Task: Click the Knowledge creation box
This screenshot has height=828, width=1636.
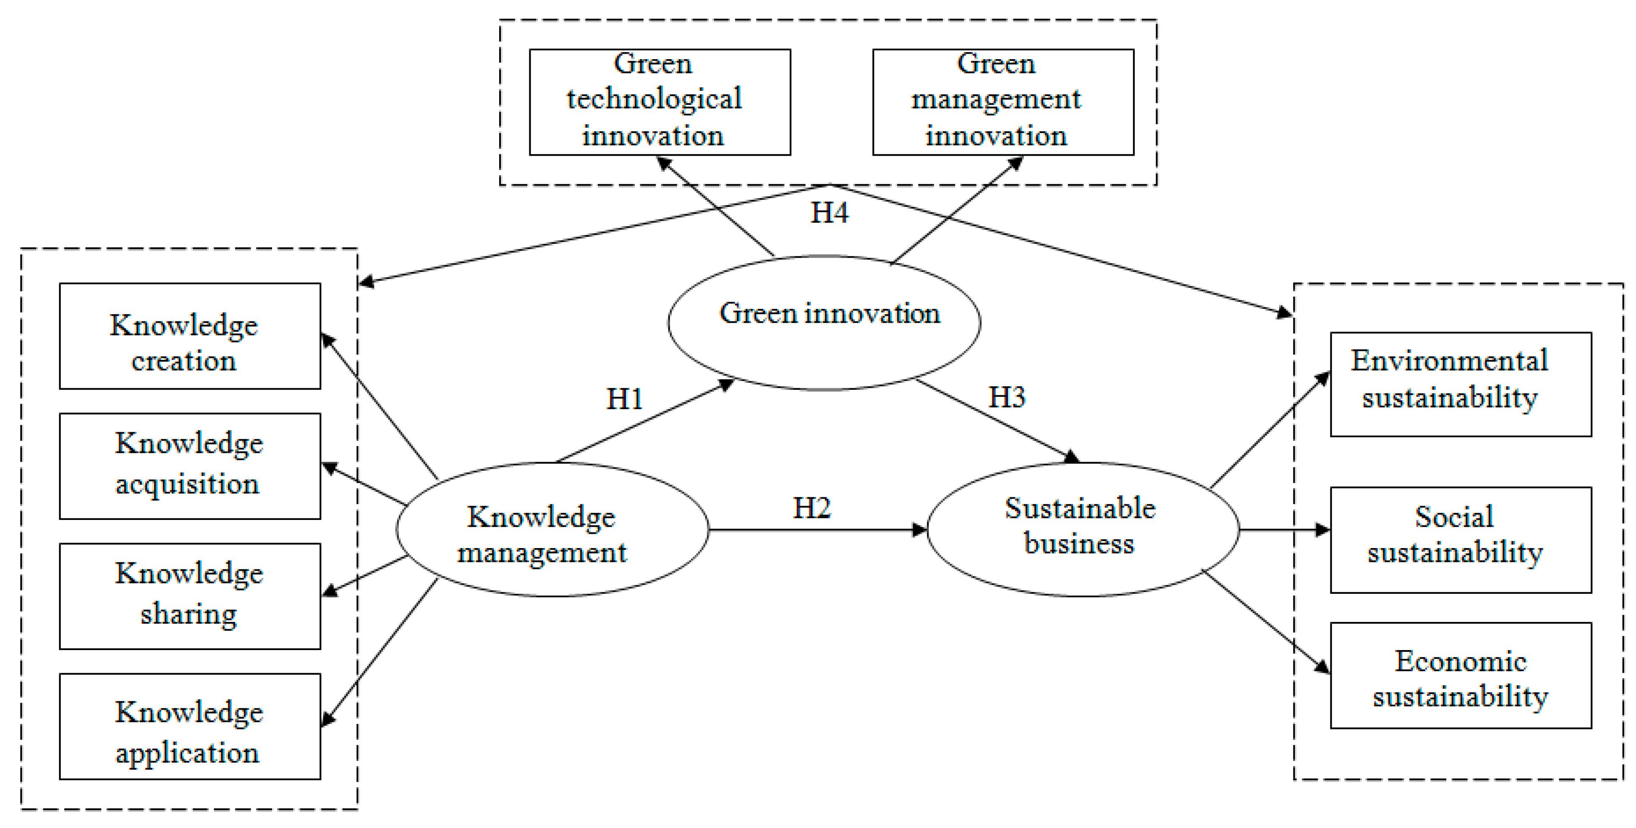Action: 189,336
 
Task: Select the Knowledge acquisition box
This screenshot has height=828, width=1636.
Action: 189,466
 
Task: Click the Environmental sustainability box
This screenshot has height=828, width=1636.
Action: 1460,384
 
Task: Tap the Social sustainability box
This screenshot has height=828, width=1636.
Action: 1460,540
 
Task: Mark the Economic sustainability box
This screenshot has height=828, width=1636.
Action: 1460,675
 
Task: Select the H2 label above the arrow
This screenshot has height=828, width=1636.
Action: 811,508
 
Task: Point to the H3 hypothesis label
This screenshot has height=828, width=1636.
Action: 1007,397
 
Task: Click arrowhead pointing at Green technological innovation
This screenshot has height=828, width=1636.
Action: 664,164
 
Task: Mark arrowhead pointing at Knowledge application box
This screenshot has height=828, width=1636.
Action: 327,719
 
